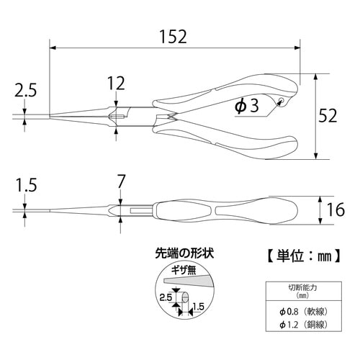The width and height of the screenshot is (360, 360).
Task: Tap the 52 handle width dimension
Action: click(338, 114)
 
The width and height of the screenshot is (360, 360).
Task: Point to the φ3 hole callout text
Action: click(246, 107)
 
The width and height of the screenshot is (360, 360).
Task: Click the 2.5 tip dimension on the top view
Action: click(24, 90)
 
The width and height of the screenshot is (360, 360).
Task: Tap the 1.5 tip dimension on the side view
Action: click(24, 185)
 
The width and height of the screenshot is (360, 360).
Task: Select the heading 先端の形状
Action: click(185, 253)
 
